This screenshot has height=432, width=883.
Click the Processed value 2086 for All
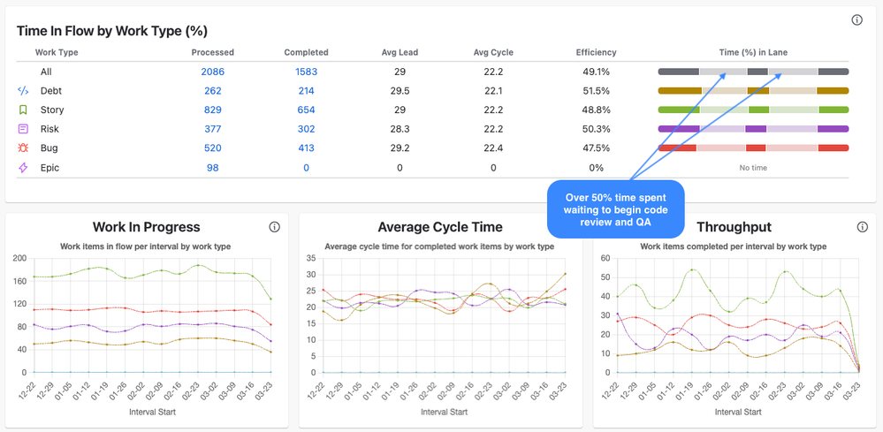212,72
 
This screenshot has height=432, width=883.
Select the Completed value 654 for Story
306,110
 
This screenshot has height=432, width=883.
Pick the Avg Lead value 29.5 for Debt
400,91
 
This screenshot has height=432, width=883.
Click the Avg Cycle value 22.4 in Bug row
493,148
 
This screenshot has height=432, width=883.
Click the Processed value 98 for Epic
212,168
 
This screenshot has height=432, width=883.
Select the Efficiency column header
596,52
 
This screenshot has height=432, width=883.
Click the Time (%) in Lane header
753,52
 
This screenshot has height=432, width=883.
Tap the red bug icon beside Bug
23,148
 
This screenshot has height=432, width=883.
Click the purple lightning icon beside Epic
23,168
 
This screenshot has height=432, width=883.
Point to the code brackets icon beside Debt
23,91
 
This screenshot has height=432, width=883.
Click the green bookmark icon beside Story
23,110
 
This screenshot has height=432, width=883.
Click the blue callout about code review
616,209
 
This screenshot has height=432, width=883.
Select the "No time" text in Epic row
753,168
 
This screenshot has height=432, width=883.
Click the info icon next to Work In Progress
274,227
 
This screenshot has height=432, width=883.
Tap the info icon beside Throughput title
863,227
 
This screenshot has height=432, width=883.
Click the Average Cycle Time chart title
439,227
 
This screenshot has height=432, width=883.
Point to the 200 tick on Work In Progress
19,258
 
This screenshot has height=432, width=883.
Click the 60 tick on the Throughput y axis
605,258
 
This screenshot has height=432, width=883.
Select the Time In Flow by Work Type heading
112,31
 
